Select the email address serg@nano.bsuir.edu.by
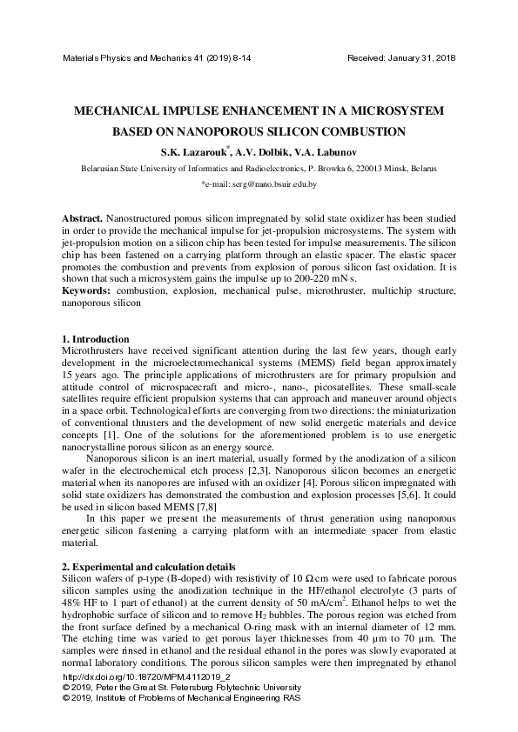click(x=268, y=185)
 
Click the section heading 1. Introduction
click(x=96, y=338)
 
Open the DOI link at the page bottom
click(x=147, y=700)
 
